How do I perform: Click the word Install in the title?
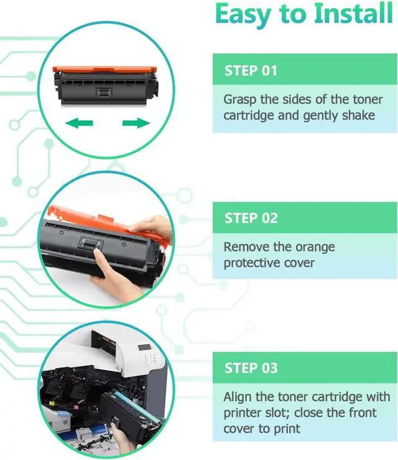pos(353,14)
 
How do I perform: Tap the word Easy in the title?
pos(243,15)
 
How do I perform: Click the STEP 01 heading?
pos(251,70)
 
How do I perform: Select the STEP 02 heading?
pos(251,218)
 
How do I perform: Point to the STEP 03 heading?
pos(251,368)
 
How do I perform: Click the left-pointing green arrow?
pos(79,123)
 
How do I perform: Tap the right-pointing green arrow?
pos(136,123)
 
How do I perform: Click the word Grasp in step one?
pos(240,100)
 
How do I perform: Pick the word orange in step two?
pos(315,247)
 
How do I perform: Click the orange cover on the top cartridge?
pos(104,70)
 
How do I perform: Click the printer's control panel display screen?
pos(144,348)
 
